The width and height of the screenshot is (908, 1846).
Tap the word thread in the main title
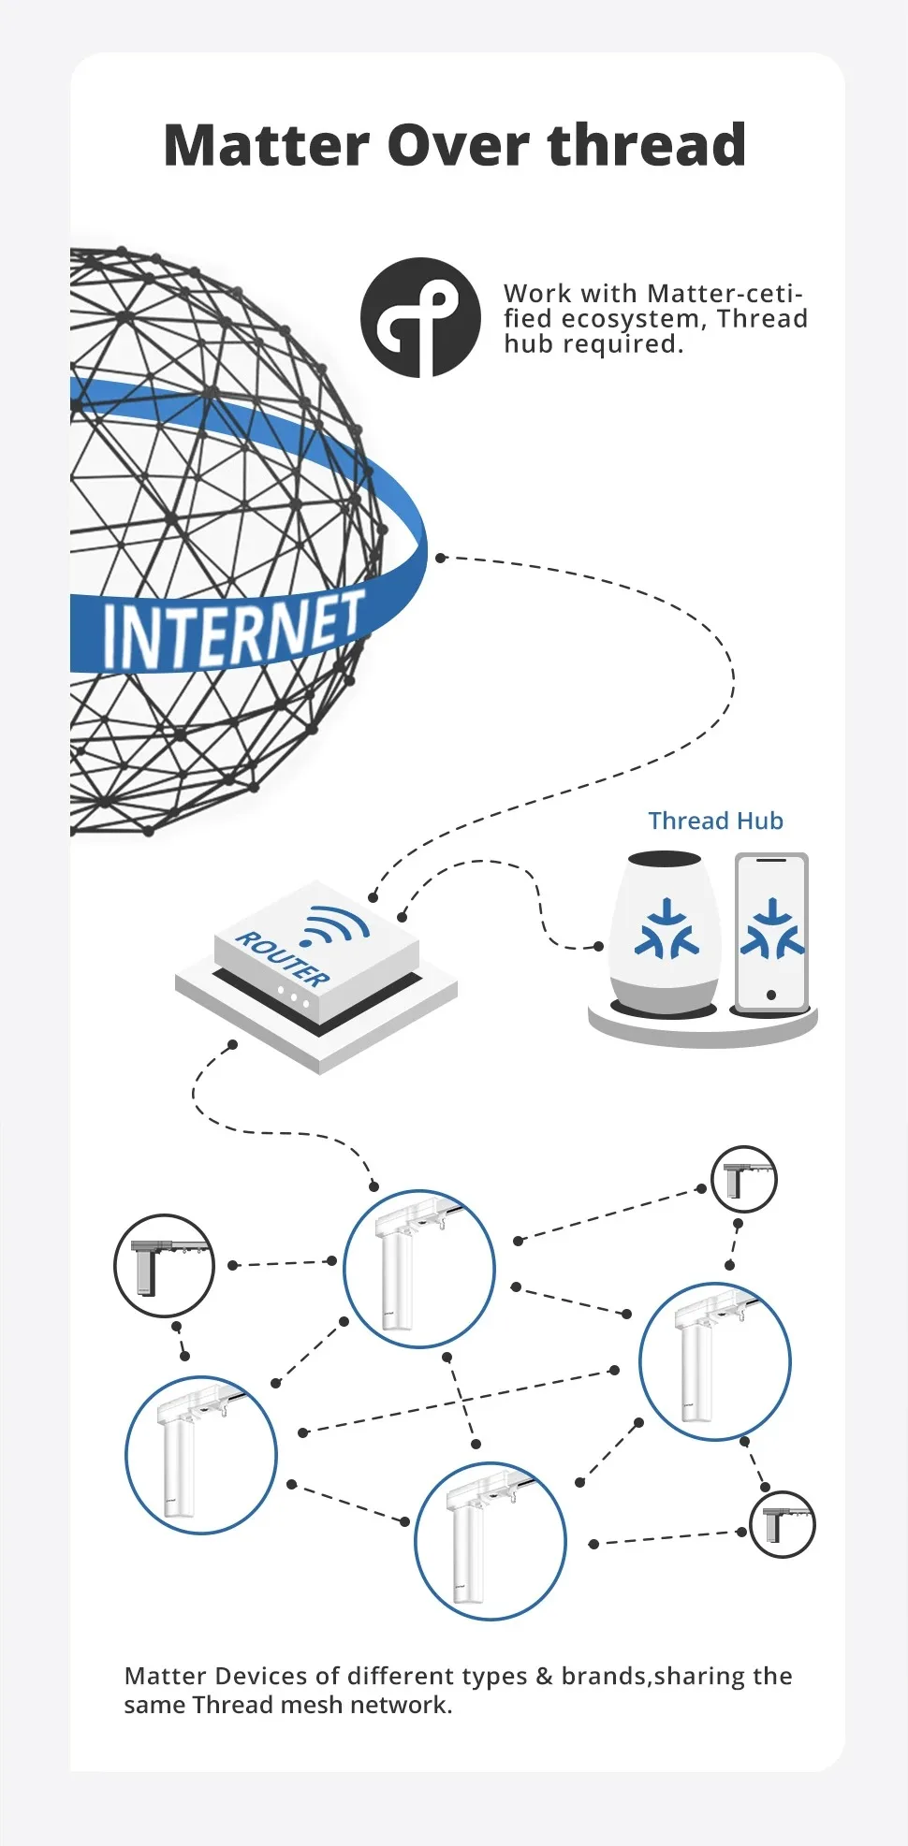coord(647,146)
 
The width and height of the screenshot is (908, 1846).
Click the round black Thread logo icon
coord(420,318)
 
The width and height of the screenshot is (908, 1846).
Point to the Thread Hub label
coord(715,821)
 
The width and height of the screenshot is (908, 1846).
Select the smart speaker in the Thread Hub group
coord(666,934)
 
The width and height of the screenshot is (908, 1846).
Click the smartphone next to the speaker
coord(771,934)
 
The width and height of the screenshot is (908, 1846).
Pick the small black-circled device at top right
coord(744,1179)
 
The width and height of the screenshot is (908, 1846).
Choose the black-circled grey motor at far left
coord(164,1265)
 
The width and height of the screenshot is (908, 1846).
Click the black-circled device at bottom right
coord(783,1524)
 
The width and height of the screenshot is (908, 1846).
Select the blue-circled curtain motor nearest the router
coord(418,1268)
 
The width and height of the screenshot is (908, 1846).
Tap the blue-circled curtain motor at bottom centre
coord(490,1540)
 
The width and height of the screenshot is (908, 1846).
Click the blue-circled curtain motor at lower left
coord(201,1454)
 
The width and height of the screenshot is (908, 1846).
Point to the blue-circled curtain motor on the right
coord(715,1360)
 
